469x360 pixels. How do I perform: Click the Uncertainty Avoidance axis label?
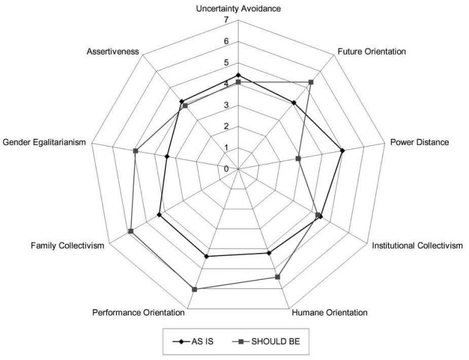point(238,9)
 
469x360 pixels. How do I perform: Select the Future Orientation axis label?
point(372,51)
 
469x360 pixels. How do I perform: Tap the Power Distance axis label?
point(420,142)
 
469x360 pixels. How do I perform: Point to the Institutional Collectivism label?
point(417,246)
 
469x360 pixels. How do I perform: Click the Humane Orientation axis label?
point(330,313)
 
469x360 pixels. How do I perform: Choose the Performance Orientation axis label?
point(139,313)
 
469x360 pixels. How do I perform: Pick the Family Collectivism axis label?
point(68,246)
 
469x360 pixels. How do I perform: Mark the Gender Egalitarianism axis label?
point(44,142)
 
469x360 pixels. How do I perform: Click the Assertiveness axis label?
point(113,51)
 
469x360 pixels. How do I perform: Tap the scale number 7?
point(226,20)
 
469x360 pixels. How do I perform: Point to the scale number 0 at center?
point(226,169)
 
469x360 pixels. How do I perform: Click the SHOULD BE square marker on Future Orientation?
point(311,82)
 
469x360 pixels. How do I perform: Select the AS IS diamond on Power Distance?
point(343,150)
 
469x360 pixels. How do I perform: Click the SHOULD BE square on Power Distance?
point(298,158)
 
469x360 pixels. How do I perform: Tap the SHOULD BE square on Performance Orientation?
point(195,289)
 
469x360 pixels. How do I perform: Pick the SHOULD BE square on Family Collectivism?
point(131,231)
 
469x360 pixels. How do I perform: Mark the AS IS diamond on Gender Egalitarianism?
point(167,156)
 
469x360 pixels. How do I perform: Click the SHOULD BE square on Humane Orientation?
point(278,277)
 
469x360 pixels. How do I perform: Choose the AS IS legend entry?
point(193,342)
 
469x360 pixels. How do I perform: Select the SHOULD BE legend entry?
point(266,342)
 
